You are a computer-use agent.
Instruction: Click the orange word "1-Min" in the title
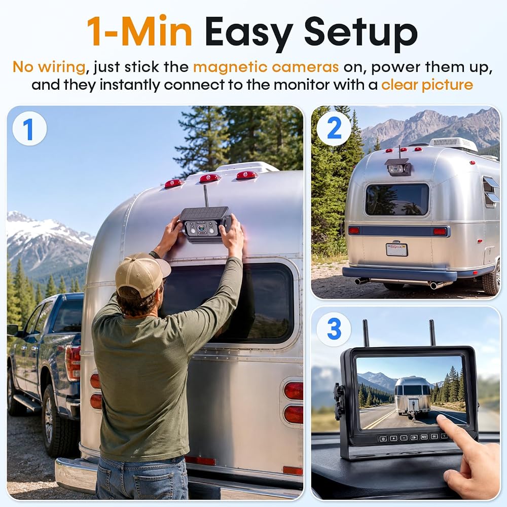[x=139, y=31]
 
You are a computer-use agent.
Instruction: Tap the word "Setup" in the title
[x=360, y=33]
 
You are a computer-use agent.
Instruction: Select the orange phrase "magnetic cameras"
[x=266, y=67]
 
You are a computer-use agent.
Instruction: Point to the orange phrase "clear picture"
[x=427, y=85]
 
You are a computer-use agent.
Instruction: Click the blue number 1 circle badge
[x=29, y=129]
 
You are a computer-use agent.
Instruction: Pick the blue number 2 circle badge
[x=334, y=128]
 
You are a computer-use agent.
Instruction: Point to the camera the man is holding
[x=205, y=225]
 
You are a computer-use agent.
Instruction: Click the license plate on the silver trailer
[x=397, y=249]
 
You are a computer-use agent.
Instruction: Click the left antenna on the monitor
[x=367, y=333]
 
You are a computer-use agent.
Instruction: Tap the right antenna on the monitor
[x=432, y=333]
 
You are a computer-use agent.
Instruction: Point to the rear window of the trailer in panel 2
[x=397, y=199]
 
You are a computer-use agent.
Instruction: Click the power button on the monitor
[x=383, y=439]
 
